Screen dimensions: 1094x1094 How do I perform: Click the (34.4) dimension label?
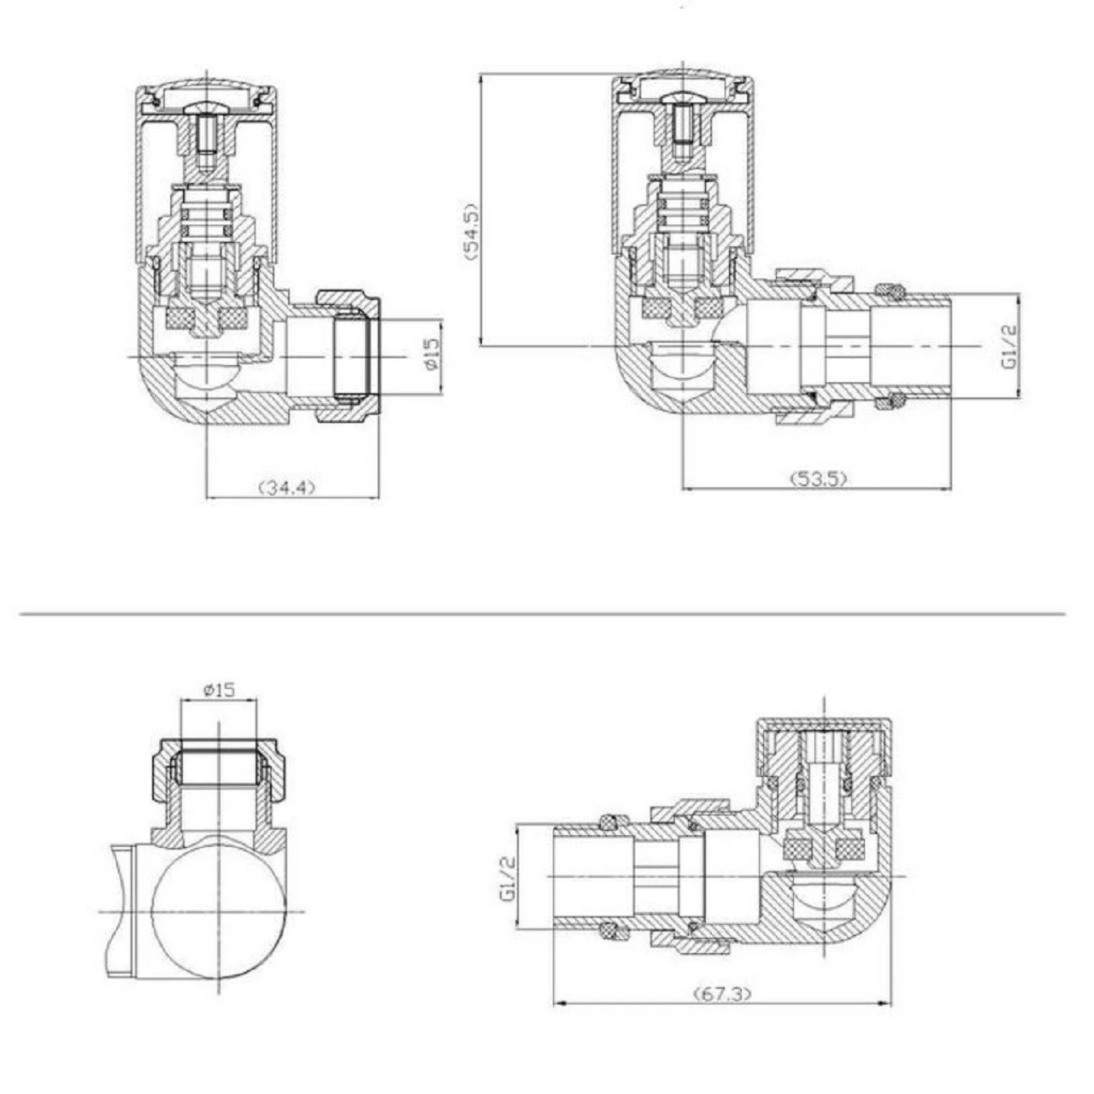click(x=287, y=487)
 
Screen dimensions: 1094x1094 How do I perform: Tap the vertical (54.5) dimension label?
click(x=471, y=232)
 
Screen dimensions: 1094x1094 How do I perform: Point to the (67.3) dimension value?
click(x=722, y=994)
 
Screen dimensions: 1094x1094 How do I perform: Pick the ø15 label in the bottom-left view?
click(x=218, y=690)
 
